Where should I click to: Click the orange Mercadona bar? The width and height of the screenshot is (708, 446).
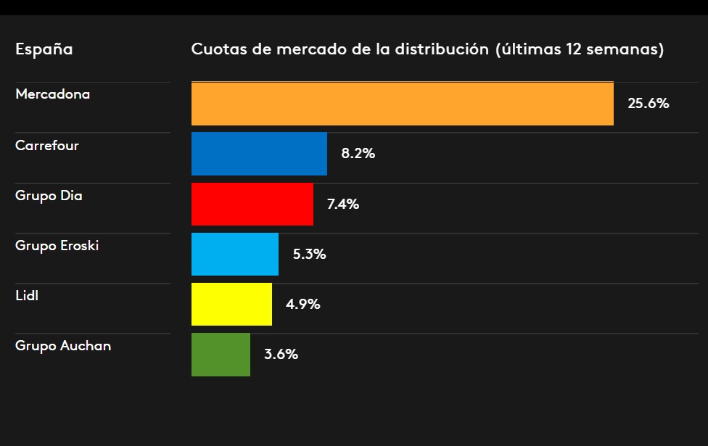pos(403,104)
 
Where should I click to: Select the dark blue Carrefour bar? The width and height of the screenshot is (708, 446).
pos(259,154)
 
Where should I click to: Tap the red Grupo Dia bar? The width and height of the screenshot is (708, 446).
pos(252,204)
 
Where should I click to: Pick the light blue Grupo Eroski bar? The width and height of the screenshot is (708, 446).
pos(235,255)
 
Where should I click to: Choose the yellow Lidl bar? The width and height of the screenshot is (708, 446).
pos(231,305)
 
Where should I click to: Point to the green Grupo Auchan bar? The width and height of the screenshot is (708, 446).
pos(221,355)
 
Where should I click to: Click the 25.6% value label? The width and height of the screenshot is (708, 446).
pos(648,104)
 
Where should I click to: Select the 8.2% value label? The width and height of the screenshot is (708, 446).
pos(358,154)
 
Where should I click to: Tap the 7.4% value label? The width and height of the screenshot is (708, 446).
pos(343,205)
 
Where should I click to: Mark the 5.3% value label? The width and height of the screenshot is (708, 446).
pos(309,255)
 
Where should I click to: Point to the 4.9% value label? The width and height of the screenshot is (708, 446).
pos(302,305)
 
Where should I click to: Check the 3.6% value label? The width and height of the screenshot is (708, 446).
pos(281,355)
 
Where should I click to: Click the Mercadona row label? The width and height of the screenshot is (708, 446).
pos(52,94)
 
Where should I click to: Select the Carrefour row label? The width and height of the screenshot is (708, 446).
pos(47,145)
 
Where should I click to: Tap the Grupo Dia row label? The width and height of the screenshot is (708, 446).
pos(49,195)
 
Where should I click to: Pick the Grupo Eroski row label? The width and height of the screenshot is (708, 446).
pos(57,245)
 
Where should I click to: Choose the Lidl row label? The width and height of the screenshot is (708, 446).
pos(27,295)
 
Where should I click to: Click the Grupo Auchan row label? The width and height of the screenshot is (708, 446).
pos(63,346)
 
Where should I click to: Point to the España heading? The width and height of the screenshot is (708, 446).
pos(44,50)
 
